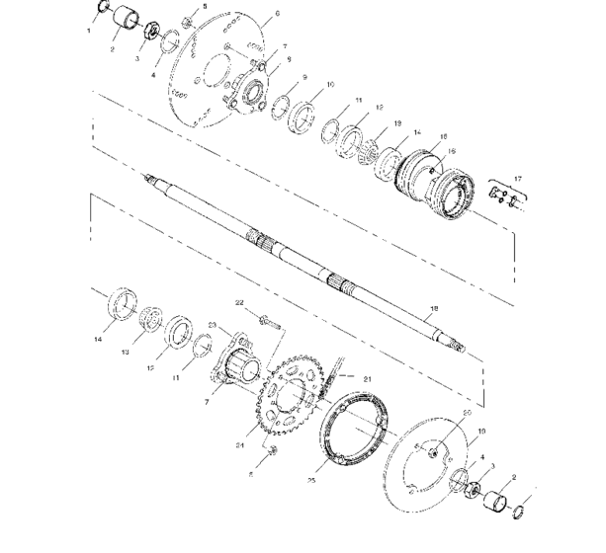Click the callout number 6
point(249,14)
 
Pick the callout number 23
point(212,324)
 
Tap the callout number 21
point(367,378)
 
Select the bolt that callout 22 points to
point(269,319)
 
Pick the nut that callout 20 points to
point(434,450)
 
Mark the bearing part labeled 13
point(152,317)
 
